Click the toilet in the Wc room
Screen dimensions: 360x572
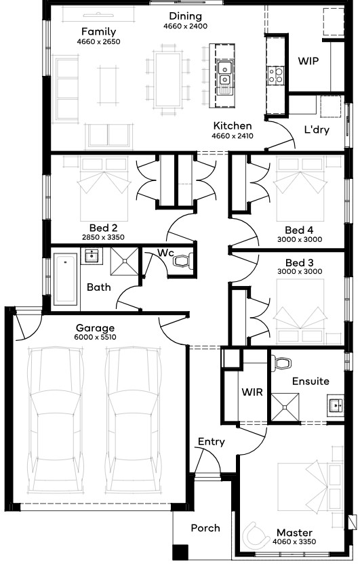coord(183,261)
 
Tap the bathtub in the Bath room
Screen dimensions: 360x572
coord(66,279)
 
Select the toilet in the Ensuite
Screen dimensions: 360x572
coord(283,363)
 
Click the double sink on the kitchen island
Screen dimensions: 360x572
coord(224,73)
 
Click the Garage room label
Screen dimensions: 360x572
coord(95,327)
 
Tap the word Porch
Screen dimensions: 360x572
coord(205,528)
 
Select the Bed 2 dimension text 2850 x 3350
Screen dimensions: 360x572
coord(103,237)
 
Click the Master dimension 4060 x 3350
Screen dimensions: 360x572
coord(294,542)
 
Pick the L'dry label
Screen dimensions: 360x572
coord(317,129)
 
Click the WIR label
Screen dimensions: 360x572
coord(252,392)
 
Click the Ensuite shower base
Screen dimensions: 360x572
coord(285,407)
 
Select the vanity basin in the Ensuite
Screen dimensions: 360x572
coord(335,404)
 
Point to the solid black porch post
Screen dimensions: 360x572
coord(180,552)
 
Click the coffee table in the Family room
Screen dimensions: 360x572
coord(108,85)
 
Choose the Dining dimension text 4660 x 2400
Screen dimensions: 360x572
coord(185,26)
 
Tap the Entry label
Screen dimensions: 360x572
coord(211,442)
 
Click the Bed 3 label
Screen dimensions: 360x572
coord(300,263)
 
